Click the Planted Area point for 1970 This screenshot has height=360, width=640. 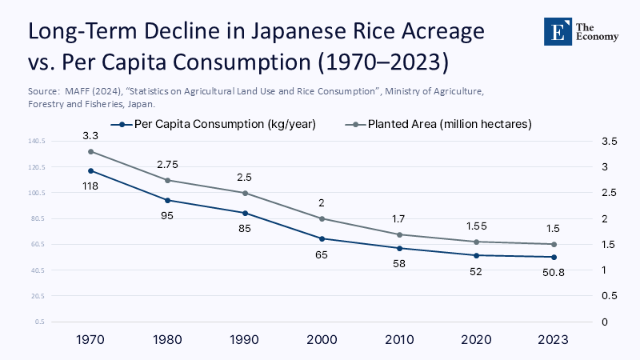point(91,151)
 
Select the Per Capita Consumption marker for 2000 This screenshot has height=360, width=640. point(322,238)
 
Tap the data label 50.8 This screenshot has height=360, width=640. point(552,272)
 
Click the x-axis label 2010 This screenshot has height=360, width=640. point(398,339)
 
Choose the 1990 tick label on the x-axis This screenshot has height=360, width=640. point(245,339)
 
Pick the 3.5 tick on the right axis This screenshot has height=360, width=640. point(610,142)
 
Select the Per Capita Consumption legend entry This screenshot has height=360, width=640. point(221,124)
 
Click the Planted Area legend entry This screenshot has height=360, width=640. point(443,124)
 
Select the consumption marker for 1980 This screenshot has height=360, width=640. point(168,200)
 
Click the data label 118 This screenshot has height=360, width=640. point(91,186)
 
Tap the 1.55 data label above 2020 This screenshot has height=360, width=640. point(475,226)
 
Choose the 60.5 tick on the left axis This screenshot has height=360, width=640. point(38,244)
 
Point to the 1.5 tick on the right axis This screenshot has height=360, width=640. point(610,244)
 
